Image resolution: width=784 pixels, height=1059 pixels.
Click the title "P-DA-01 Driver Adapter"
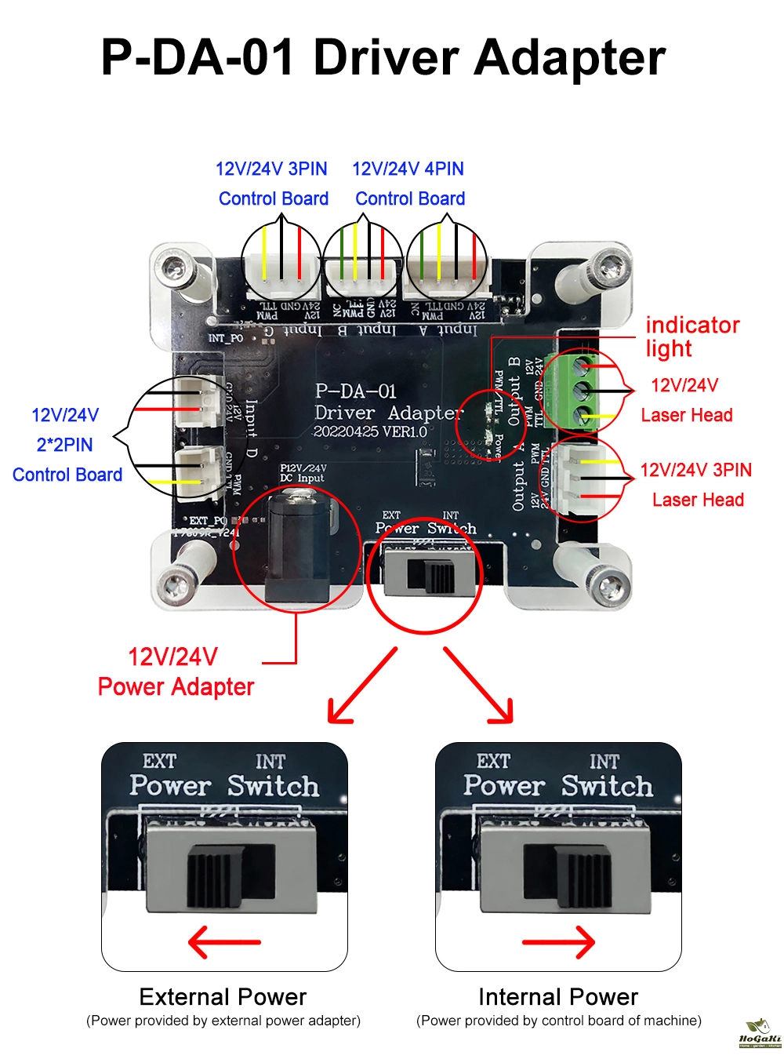383,58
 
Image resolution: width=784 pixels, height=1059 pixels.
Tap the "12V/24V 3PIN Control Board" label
272,184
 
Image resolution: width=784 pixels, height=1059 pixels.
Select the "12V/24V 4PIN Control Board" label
409,184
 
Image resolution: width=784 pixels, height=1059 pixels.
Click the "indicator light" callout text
691,337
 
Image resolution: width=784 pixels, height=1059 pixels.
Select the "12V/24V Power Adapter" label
176,671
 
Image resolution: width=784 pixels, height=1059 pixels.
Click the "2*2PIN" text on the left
65,445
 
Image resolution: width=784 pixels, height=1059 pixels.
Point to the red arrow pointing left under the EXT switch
224,941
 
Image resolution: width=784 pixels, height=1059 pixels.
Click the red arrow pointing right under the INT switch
559,941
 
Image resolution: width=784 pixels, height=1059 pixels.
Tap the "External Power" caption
223,997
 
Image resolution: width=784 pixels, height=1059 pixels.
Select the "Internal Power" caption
558,997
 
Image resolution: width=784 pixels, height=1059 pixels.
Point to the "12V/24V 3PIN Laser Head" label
696,485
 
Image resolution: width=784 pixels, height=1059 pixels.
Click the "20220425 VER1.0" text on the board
370,431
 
